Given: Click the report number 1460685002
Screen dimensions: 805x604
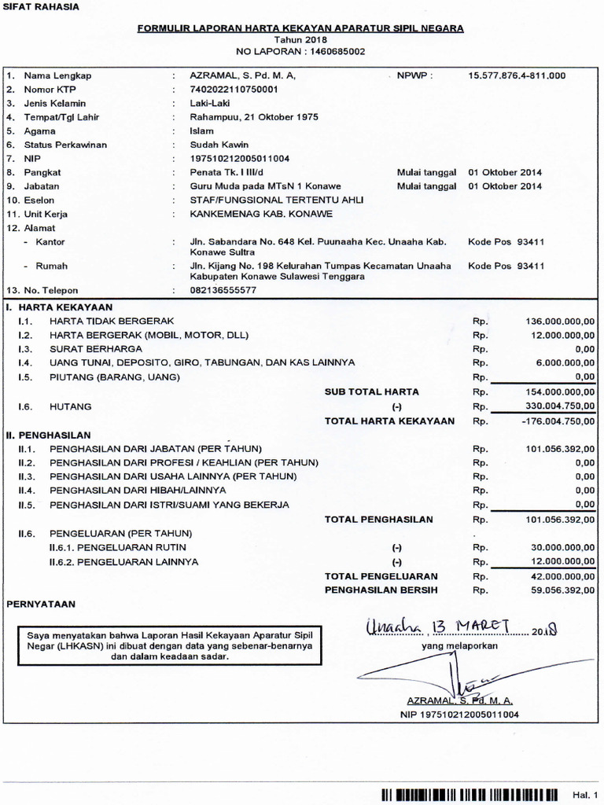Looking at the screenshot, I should pyautogui.click(x=332, y=51).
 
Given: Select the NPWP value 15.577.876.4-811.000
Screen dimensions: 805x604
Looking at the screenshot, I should pyautogui.click(x=517, y=75).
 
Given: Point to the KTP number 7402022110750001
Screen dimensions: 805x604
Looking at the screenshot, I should pyautogui.click(x=234, y=90).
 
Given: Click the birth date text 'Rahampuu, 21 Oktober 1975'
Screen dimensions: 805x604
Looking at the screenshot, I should pyautogui.click(x=253, y=117).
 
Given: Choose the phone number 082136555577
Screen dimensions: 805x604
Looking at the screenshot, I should pyautogui.click(x=223, y=290).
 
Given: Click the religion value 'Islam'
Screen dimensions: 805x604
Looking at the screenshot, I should pyautogui.click(x=202, y=131).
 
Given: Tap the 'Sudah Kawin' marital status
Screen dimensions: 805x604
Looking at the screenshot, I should pyautogui.click(x=219, y=145).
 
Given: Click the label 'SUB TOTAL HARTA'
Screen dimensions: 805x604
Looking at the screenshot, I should pyautogui.click(x=372, y=391).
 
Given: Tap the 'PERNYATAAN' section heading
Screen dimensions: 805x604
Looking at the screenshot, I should pyautogui.click(x=41, y=605).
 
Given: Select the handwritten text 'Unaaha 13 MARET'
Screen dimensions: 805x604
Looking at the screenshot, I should pyautogui.click(x=438, y=626).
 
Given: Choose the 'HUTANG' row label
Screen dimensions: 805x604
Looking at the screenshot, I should pyautogui.click(x=71, y=406).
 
